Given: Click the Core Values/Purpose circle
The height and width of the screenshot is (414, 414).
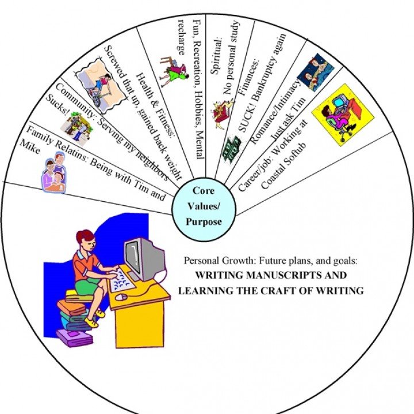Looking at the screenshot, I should pos(206,205).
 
